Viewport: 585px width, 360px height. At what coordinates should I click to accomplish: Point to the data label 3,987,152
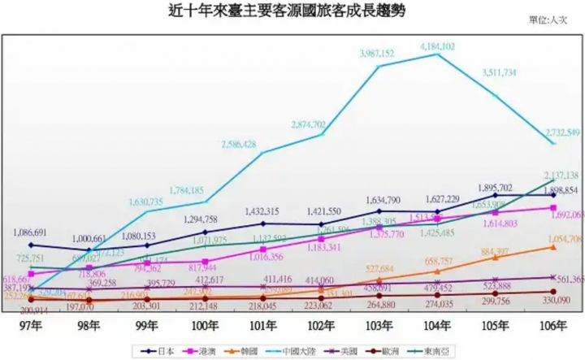[377, 54]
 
